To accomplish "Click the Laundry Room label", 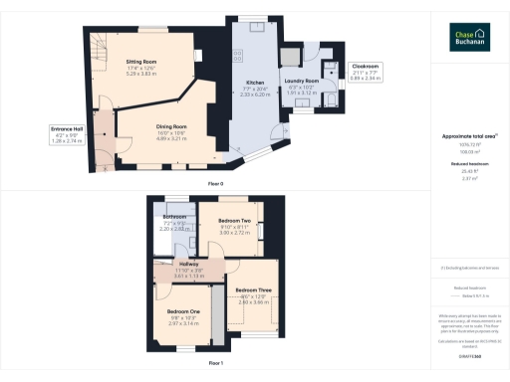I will click(x=301, y=80).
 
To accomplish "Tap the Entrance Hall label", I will click(x=70, y=127).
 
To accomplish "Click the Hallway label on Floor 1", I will click(x=189, y=264).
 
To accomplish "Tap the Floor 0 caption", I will click(x=215, y=184).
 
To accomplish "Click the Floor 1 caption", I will click(x=215, y=364).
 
